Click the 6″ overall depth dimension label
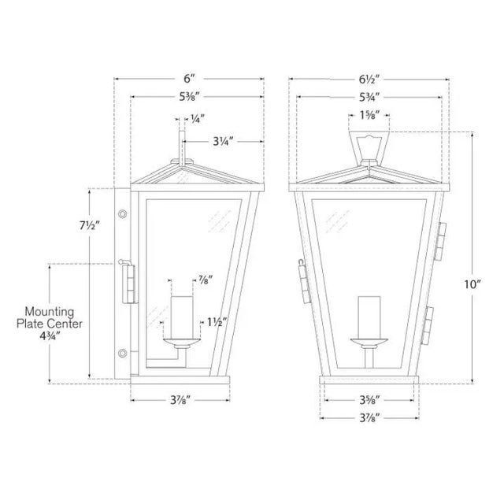[189, 79]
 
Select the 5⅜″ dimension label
[190, 96]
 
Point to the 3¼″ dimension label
[223, 141]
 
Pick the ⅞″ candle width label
[205, 280]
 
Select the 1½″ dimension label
[217, 322]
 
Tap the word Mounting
[50, 312]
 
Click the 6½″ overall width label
[369, 79]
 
